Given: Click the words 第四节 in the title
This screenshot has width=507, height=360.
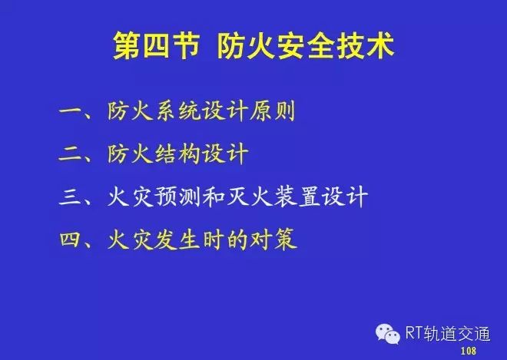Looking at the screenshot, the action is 156,45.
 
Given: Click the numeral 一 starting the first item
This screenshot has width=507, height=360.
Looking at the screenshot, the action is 70,111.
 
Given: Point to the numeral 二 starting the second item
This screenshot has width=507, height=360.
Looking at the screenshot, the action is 70,154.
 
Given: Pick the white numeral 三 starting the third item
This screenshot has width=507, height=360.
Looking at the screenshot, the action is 70,197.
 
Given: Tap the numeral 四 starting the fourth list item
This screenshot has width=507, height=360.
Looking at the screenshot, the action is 70,239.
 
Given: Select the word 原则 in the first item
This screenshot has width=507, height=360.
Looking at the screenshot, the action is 272,111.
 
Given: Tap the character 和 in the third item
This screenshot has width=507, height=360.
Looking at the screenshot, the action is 214,197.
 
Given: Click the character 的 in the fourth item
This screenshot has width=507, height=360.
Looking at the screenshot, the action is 237,239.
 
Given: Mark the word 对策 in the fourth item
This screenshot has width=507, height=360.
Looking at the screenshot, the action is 274,239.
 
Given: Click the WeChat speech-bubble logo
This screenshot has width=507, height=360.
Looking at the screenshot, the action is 388,334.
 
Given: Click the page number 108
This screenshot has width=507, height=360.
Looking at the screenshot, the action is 468,351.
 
